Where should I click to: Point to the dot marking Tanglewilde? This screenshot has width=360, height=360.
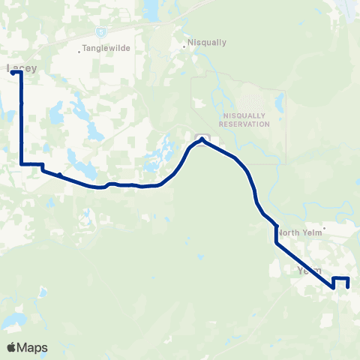pyautogui.click(x=79, y=52)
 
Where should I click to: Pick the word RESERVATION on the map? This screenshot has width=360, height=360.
pyautogui.click(x=246, y=124)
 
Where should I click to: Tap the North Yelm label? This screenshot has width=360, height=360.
pyautogui.click(x=298, y=232)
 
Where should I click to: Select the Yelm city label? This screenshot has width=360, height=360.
pyautogui.click(x=309, y=270)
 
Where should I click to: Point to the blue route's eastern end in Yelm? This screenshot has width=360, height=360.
pyautogui.click(x=348, y=286)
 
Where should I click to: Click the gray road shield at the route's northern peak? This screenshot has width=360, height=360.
pyautogui.click(x=202, y=137)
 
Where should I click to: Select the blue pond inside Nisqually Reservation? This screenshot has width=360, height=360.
pyautogui.click(x=279, y=100)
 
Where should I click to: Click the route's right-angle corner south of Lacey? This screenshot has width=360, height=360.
pyautogui.click(x=22, y=163)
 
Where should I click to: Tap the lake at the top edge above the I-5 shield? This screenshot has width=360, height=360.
pyautogui.click(x=151, y=9)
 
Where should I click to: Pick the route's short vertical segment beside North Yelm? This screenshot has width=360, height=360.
pyautogui.click(x=277, y=234)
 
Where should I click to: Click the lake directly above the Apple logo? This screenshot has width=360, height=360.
pyautogui.click(x=11, y=322)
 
